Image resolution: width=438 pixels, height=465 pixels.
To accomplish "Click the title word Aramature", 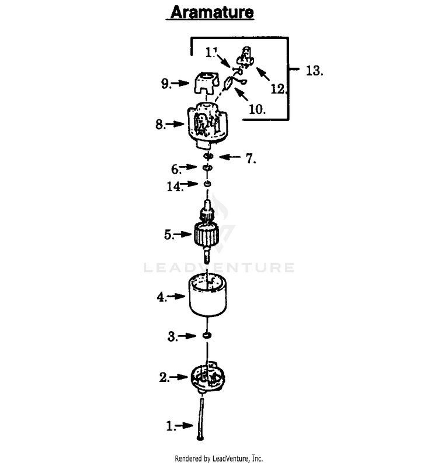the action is point(212,12).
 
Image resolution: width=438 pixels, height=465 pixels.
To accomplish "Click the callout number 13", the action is point(314,71).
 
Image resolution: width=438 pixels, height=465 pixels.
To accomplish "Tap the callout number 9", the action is point(166,83).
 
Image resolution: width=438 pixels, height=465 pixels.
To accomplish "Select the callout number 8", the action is point(160,124).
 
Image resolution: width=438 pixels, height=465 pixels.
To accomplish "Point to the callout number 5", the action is point(169,235).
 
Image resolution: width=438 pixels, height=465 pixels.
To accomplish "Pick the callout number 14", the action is point(175,187).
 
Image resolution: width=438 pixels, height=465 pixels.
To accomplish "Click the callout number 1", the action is point(171,426).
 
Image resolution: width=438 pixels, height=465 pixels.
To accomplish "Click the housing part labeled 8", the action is point(207,125).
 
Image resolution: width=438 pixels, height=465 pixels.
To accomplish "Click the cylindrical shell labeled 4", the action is point(207,295).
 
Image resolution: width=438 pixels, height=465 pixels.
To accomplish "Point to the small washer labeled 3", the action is point(207,335).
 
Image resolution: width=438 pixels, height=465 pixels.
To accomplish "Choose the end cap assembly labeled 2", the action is point(207,377).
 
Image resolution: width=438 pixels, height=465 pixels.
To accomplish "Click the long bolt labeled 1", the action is point(201,419).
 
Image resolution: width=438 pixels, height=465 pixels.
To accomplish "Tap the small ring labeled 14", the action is point(207,184).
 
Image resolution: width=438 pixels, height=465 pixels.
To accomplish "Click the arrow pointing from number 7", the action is point(230,157).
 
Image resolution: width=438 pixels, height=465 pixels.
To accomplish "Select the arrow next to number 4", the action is point(176,296).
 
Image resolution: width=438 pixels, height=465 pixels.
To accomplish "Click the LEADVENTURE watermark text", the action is point(219,267).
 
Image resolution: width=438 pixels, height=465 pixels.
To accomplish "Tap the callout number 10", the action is point(257,109).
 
